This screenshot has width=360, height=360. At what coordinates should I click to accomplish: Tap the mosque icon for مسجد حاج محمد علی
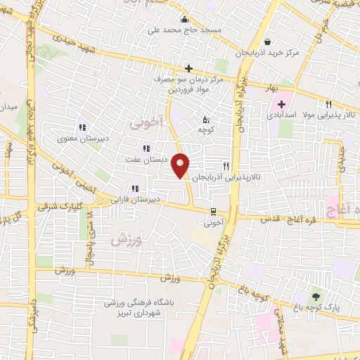(x=184, y=20)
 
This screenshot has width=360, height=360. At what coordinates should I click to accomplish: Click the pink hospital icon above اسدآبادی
(x=282, y=104)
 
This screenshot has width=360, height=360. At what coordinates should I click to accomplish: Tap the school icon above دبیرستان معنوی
(x=82, y=127)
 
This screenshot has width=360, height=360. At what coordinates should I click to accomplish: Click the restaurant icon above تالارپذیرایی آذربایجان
(x=226, y=166)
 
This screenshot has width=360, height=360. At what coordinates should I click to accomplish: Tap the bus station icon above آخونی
(x=212, y=211)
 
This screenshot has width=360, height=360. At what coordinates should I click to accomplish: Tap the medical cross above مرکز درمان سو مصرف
(x=188, y=68)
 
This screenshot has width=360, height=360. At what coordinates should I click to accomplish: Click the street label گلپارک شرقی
(x=77, y=209)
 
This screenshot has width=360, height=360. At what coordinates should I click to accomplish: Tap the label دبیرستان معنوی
(x=83, y=139)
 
